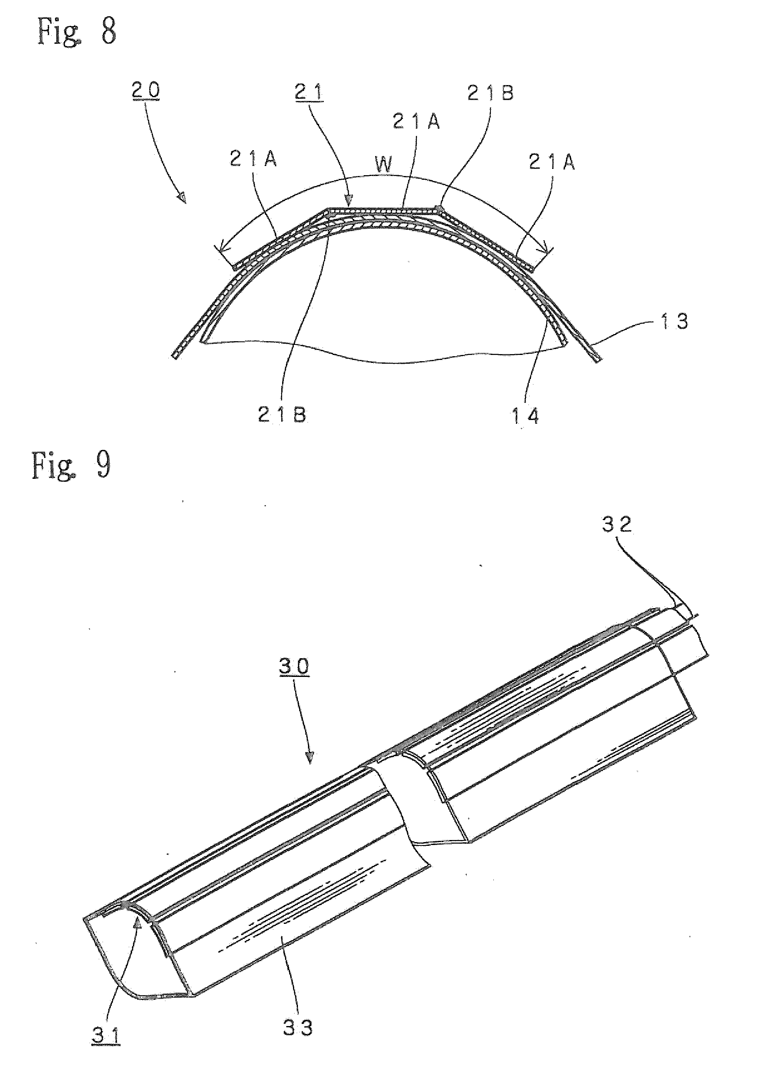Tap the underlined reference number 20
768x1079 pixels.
(x=146, y=91)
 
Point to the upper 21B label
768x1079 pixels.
(x=490, y=93)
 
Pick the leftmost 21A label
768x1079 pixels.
(x=253, y=159)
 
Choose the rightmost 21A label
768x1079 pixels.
(x=552, y=162)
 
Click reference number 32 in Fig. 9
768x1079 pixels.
(x=617, y=524)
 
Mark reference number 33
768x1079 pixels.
(x=298, y=1029)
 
